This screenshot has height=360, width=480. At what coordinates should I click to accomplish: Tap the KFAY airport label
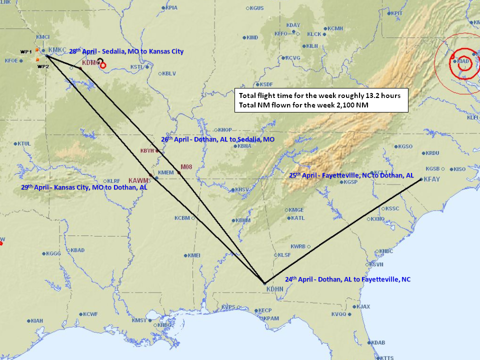[432, 179]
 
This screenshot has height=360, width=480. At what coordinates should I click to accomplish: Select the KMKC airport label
[57, 50]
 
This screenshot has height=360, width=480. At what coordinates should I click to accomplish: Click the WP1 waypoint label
[26, 51]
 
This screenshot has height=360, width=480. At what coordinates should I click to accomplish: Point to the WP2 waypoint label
[43, 66]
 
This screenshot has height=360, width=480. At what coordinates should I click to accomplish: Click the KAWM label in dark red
[138, 180]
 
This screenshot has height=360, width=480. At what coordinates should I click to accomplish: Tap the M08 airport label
[186, 167]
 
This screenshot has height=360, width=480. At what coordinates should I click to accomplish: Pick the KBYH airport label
[147, 150]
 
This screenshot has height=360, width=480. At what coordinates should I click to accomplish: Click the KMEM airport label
[165, 172]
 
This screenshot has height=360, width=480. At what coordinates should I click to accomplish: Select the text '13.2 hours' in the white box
[384, 95]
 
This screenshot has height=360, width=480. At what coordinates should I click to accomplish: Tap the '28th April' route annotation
[82, 51]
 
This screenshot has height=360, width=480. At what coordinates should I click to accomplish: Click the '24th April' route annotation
[299, 279]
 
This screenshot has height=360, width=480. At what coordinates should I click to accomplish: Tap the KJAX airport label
[363, 306]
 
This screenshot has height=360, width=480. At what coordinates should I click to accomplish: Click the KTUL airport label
[24, 143]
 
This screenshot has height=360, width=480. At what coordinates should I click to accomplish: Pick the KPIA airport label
[171, 8]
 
